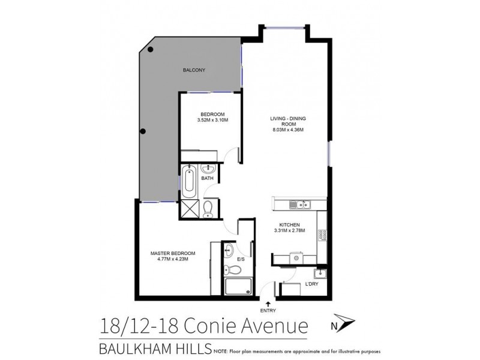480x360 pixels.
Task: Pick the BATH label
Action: click(207, 178)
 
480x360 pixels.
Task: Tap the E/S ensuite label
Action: click(240, 259)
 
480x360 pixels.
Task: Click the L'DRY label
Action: click(311, 283)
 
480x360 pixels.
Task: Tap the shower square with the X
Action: click(190, 209)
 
